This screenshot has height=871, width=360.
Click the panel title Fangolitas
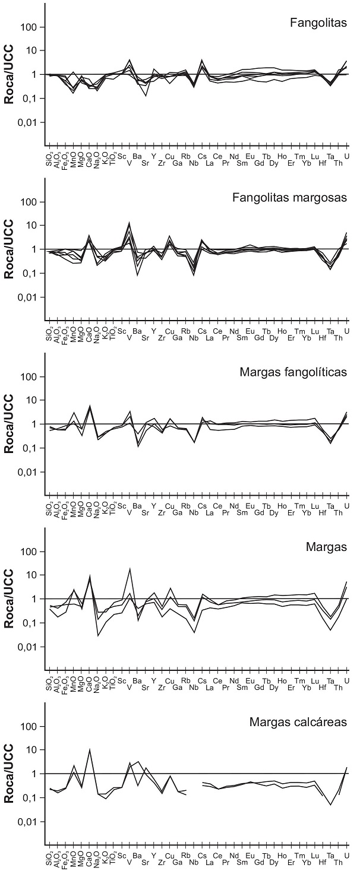pos(318,23)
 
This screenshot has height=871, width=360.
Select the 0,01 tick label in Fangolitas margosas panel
pos(27,297)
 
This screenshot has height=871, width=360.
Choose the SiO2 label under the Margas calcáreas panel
pos(51,859)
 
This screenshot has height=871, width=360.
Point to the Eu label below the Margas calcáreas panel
pos(250,855)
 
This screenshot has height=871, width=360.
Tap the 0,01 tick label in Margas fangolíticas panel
pos(27,472)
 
